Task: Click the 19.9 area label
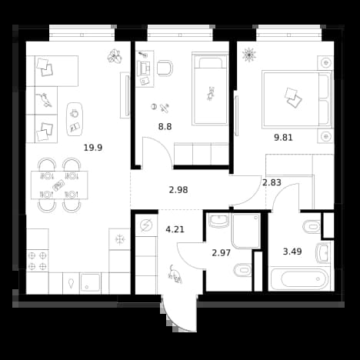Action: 93,148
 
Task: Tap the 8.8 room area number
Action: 165,127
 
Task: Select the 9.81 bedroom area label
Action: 283,138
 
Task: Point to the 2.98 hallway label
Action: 178,190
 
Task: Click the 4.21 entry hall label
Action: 175,229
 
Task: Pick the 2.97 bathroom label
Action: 222,253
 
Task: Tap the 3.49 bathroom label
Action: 292,252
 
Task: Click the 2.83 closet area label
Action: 272,182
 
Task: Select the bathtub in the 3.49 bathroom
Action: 299,278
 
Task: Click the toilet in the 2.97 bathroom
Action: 242,270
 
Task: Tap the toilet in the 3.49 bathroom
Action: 312,227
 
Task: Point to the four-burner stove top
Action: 37,261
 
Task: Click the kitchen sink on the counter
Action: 90,283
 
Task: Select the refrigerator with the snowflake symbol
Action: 119,239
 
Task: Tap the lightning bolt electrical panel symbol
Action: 146,225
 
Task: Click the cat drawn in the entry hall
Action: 175,275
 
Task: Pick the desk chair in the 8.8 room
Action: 165,68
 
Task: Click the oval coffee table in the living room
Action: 75,119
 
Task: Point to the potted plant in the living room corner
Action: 114,56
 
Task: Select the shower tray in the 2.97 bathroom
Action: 246,231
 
